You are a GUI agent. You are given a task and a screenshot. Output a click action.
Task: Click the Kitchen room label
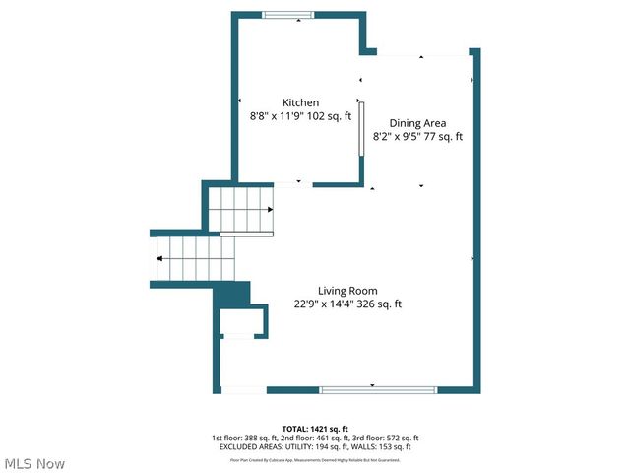click(300, 102)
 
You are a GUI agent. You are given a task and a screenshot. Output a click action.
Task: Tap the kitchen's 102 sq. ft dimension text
click(324, 116)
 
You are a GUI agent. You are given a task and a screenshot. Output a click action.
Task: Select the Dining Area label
click(417, 123)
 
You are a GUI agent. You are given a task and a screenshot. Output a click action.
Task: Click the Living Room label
click(347, 290)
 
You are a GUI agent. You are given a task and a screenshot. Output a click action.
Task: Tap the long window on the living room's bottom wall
click(378, 390)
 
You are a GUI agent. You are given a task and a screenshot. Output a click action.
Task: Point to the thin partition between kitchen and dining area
click(360, 128)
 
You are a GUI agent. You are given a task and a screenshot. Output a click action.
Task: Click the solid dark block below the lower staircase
click(232, 294)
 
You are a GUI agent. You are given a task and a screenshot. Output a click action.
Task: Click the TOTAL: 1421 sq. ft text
click(315, 429)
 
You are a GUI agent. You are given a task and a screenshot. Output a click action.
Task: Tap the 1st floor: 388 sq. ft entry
click(245, 438)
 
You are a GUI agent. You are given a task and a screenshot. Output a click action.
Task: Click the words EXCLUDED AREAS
click(247, 447)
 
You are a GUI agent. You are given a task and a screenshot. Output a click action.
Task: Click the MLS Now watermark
click(34, 463)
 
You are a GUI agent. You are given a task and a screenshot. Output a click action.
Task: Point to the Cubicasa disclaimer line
click(315, 459)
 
